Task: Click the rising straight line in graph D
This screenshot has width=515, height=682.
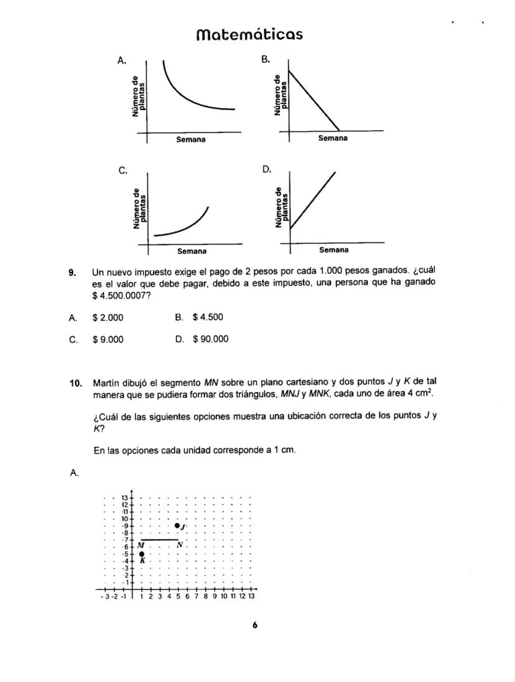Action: point(313,200)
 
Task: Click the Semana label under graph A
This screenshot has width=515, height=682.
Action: point(191,139)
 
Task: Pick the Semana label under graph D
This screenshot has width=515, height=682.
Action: point(333,250)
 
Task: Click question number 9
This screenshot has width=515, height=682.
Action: point(72,272)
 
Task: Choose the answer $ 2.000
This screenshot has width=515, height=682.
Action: point(108,318)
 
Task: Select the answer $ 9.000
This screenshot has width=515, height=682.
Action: point(108,339)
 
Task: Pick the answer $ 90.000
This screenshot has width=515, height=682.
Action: point(210,339)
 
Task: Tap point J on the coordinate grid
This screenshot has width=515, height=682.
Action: point(177,526)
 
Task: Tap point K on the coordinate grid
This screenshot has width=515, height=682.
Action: point(142,554)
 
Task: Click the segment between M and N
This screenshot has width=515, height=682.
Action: point(159,540)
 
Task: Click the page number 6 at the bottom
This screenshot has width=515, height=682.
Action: point(255,626)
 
